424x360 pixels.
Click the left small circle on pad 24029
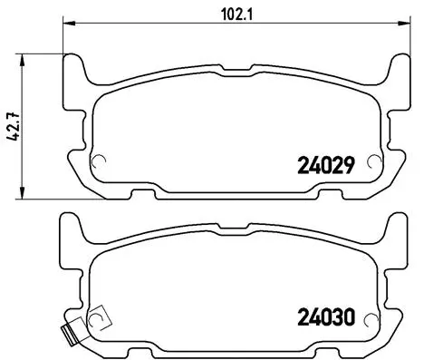[101, 164]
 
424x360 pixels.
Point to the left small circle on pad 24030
[101, 318]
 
